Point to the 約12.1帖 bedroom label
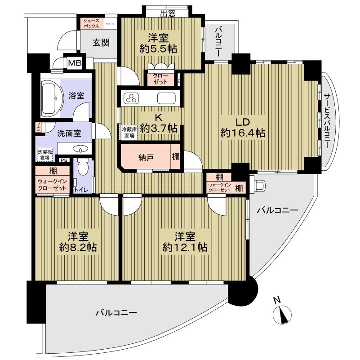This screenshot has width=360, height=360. click(x=185, y=241)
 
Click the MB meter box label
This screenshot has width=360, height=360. click(x=75, y=62)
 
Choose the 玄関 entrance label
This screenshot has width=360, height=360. click(x=102, y=43)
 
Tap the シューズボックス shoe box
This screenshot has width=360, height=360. click(x=92, y=24)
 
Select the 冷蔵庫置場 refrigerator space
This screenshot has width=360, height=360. click(x=129, y=132)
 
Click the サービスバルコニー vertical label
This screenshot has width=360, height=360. click(x=327, y=121)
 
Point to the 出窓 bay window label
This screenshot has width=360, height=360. click(x=167, y=13)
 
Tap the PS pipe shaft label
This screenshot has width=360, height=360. click(x=64, y=160)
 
